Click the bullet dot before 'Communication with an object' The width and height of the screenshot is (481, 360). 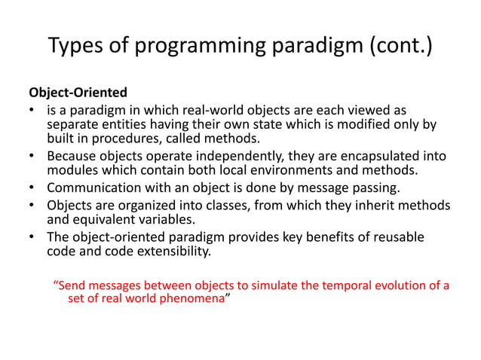point(32,188)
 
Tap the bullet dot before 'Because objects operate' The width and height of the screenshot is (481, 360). point(32,157)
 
